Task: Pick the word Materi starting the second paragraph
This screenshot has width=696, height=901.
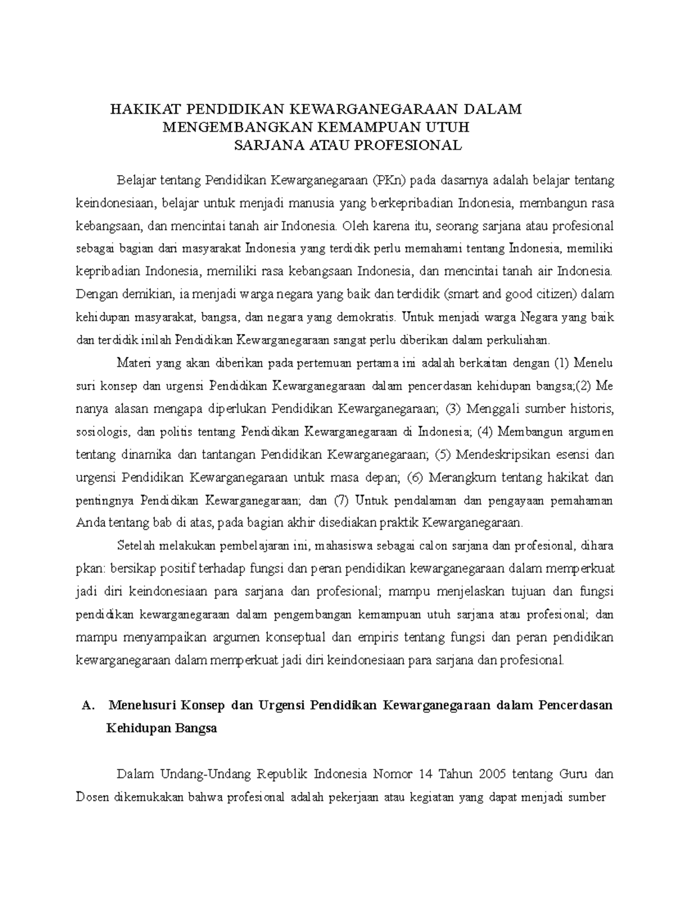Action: pyautogui.click(x=133, y=363)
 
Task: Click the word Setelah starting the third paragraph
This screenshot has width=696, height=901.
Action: pyautogui.click(x=135, y=546)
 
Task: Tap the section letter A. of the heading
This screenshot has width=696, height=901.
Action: pyautogui.click(x=88, y=706)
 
